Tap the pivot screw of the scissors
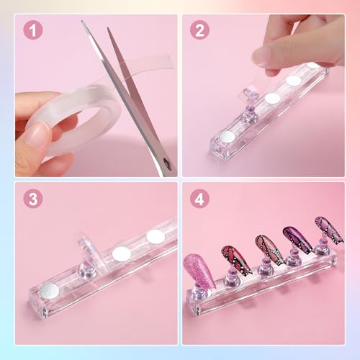pos(167,165)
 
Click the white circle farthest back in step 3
pos(156,236)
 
